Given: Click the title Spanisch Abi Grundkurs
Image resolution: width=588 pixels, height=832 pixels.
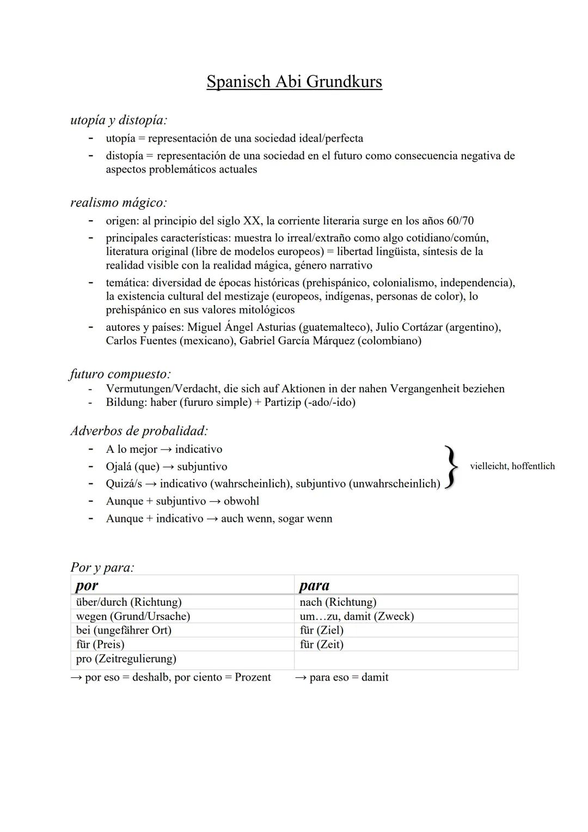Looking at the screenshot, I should [x=294, y=82].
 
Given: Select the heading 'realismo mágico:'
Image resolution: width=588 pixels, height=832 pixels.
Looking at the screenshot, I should [x=118, y=203].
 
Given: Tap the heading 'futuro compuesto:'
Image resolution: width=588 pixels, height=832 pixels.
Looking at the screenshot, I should [x=120, y=374].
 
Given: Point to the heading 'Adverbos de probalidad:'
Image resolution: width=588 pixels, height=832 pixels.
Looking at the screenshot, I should [x=139, y=431].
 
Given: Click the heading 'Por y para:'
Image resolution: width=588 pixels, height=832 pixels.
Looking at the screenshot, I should [x=102, y=567].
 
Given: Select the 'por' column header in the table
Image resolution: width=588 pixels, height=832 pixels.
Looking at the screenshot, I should [x=87, y=585].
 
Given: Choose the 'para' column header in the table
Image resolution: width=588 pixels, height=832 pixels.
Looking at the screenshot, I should [x=315, y=585].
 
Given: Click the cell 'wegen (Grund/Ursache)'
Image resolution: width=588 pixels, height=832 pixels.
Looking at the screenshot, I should [x=133, y=616].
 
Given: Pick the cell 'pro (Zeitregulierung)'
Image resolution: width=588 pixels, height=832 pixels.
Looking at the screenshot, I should [x=126, y=659].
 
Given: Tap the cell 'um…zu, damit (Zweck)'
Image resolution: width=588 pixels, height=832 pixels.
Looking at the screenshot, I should [x=357, y=616].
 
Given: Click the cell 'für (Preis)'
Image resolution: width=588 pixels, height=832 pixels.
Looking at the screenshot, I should [x=100, y=645].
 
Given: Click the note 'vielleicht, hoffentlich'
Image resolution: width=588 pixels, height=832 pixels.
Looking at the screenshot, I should [x=512, y=466].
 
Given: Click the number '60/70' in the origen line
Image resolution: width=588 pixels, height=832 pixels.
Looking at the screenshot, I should [x=460, y=221].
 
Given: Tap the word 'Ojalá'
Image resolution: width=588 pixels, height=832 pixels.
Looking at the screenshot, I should [x=119, y=467].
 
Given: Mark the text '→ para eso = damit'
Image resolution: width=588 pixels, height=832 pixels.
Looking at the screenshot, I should [x=341, y=677].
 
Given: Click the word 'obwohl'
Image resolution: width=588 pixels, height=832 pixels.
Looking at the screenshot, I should [x=241, y=501].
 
